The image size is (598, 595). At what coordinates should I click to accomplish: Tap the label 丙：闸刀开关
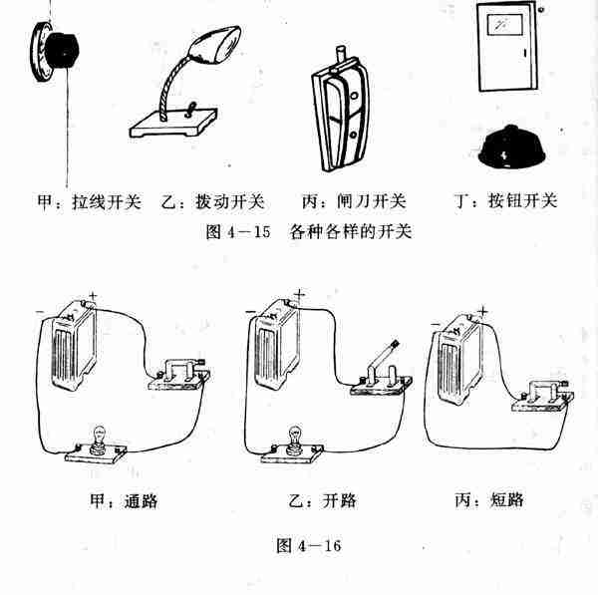coord(354,202)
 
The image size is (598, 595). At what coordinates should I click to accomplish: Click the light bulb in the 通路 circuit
coord(100,439)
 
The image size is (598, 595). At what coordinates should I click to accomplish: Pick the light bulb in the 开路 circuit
coord(295,439)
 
